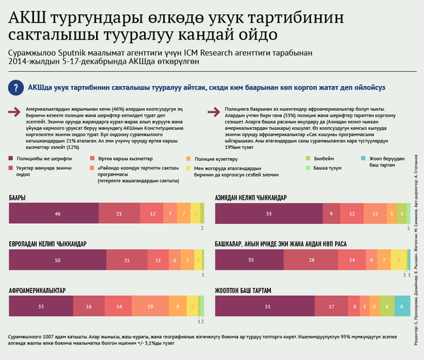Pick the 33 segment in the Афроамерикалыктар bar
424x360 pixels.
(41, 307)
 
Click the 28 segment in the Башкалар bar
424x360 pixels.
(311, 259)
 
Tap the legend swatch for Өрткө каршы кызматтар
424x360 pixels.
(93, 160)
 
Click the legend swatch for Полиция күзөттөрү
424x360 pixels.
(188, 160)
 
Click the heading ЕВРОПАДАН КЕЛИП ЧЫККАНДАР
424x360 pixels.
(47, 244)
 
